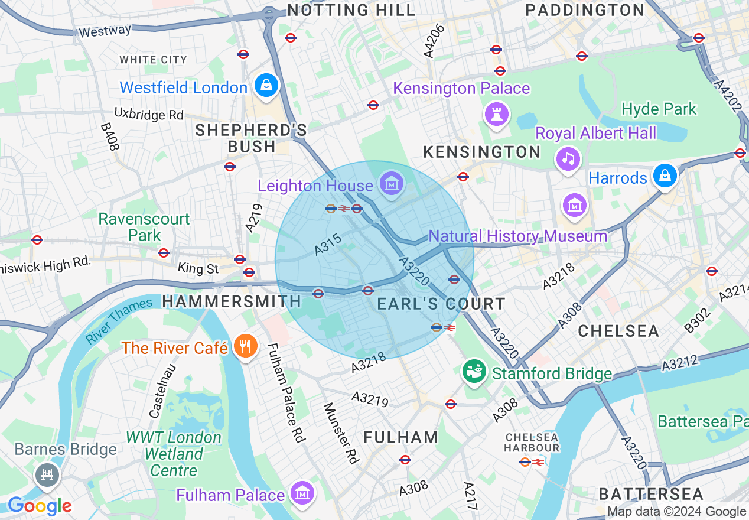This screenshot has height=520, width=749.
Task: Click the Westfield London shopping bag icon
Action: click(266, 86)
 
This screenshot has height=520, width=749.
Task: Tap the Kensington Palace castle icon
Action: click(497, 113)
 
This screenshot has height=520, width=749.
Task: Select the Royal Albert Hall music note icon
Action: click(568, 158)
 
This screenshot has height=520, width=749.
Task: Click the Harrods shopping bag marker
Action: click(665, 176)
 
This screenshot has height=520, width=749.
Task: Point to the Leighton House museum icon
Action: click(391, 184)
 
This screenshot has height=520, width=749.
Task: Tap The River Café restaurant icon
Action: click(243, 346)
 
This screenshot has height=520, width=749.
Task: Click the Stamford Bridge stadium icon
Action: click(474, 372)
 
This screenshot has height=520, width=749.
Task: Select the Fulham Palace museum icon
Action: click(302, 493)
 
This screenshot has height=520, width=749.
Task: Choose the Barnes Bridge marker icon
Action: click(47, 474)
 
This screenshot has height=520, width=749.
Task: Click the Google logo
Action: click(40, 506)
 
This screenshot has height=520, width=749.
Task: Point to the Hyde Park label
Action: click(659, 109)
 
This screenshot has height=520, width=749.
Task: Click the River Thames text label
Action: click(119, 320)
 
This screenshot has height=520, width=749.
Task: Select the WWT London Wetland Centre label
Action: click(174, 454)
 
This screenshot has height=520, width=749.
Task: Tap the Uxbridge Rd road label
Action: click(149, 113)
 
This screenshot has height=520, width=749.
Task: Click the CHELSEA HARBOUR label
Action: click(532, 442)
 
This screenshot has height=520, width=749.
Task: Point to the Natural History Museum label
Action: click(517, 236)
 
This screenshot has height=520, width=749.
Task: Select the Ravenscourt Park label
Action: click(144, 227)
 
